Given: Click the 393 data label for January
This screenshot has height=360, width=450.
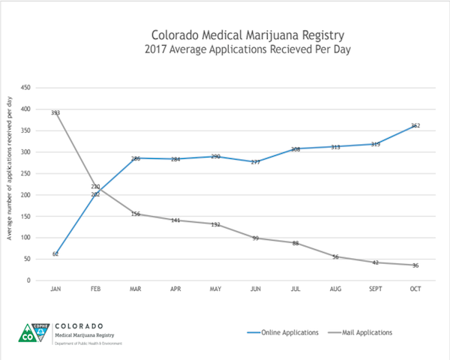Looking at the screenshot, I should click(55, 112).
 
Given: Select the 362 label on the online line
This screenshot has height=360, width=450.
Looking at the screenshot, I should click(415, 125).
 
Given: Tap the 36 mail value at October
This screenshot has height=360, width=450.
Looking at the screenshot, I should click(415, 265).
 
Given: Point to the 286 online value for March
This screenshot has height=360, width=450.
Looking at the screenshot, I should click(136, 158).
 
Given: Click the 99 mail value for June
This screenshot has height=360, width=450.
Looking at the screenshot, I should click(256, 238).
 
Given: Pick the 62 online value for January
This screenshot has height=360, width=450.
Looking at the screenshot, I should click(55, 254).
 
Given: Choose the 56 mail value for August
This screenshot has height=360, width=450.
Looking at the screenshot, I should click(336, 256).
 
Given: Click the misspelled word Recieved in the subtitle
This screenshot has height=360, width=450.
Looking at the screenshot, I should click(279, 49).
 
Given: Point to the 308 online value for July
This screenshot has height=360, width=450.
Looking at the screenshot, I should click(295, 149).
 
